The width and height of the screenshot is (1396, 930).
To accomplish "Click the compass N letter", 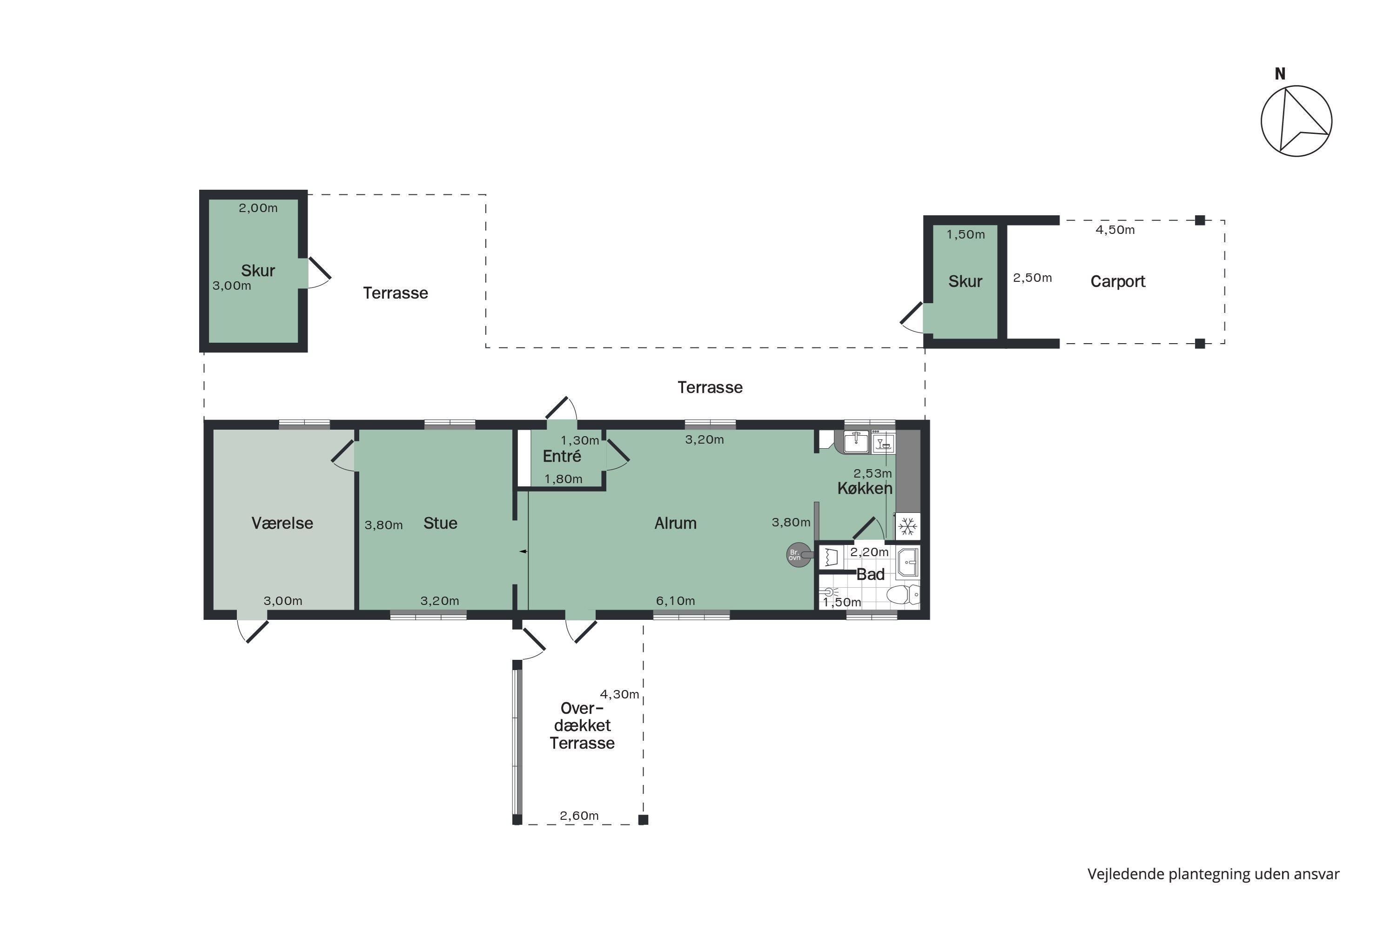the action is [1280, 74].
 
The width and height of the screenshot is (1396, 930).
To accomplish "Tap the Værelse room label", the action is [282, 523].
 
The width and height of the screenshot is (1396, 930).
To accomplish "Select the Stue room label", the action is [440, 523].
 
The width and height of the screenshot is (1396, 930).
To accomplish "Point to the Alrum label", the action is [676, 523].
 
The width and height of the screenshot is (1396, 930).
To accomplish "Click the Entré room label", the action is [562, 456].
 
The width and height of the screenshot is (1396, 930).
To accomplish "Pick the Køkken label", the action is [865, 488].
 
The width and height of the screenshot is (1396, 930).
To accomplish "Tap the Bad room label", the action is [870, 574].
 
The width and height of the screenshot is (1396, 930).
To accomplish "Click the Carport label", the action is [1118, 282].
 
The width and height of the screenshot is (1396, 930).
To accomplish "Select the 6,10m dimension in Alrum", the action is [676, 601].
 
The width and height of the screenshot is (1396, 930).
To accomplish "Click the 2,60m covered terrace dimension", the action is [579, 816].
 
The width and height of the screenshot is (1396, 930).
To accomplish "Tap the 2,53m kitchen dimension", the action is [872, 473].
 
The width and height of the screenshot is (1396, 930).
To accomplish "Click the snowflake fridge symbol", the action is [907, 526].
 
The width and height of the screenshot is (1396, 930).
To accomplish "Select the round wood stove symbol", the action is [799, 555].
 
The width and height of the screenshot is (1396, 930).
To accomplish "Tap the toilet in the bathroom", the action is [903, 594].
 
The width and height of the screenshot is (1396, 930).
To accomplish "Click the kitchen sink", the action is [856, 442].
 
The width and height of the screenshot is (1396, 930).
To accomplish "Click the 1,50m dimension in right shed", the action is [966, 235].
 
